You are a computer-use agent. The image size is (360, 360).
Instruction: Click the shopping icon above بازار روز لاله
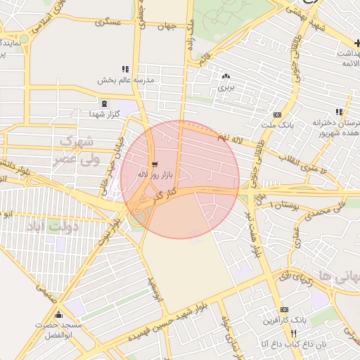pyautogui.click(x=155, y=164)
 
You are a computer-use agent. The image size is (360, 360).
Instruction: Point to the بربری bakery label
pyautogui.click(x=224, y=88)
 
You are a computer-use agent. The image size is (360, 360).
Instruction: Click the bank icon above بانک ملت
pyautogui.click(x=277, y=115)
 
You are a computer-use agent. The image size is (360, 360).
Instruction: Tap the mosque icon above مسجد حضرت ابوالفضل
pyautogui.click(x=59, y=315)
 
